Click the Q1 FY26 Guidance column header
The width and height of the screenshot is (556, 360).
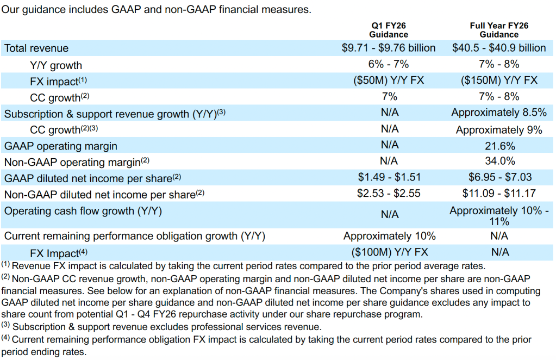click(x=389, y=30)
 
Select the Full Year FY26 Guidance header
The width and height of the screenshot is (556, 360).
click(x=499, y=30)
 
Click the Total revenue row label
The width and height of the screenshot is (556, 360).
click(x=36, y=48)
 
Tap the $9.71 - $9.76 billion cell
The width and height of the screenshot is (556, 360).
click(x=389, y=48)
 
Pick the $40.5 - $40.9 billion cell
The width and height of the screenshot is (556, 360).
click(x=499, y=48)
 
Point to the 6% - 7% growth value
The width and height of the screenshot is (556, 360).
click(x=389, y=64)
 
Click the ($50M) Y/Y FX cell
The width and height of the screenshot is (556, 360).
click(x=389, y=80)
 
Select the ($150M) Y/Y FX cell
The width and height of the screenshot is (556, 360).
click(x=499, y=80)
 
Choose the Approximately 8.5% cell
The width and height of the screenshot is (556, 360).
click(x=499, y=113)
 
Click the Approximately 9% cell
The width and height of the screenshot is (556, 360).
click(x=499, y=129)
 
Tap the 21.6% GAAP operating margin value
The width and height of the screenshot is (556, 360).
click(x=499, y=145)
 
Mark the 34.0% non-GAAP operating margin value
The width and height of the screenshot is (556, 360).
click(x=499, y=162)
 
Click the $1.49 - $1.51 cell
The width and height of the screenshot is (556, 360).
click(x=389, y=177)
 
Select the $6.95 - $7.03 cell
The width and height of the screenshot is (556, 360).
click(x=499, y=177)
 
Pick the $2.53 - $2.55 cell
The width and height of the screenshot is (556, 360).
click(x=389, y=193)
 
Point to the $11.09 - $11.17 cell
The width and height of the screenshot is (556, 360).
click(x=499, y=193)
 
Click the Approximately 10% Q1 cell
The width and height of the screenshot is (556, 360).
click(x=390, y=236)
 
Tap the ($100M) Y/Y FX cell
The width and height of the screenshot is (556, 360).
click(x=390, y=252)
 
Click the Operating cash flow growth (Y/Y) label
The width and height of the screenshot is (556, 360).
click(x=83, y=210)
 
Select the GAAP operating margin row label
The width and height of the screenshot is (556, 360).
click(x=61, y=146)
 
